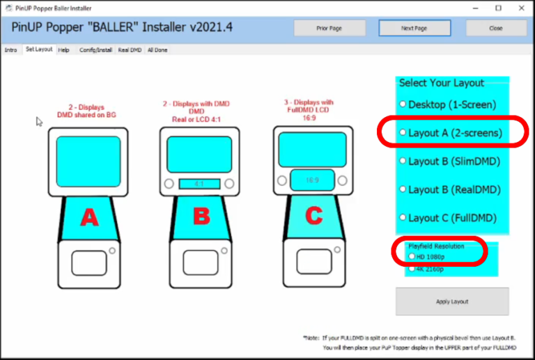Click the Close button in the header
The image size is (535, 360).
pos(496,29)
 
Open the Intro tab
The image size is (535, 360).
pos(10,50)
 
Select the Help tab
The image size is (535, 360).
pos(63,50)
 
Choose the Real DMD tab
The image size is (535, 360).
pos(130,50)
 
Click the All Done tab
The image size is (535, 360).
pos(157,50)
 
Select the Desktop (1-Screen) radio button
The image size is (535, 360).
pos(402,104)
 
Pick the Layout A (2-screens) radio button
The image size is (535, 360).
pos(402,132)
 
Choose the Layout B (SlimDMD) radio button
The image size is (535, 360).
pos(402,161)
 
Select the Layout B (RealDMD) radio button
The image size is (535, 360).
pos(402,189)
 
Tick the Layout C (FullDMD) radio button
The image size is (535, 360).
pos(402,218)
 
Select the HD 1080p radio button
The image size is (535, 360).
pos(412,256)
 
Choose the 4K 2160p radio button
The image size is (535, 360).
pos(412,268)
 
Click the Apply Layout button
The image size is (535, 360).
pos(452,302)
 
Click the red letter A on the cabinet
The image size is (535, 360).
pos(89,218)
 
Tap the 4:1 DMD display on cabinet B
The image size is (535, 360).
pos(199,184)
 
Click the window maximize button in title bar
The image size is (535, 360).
pos(498,8)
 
